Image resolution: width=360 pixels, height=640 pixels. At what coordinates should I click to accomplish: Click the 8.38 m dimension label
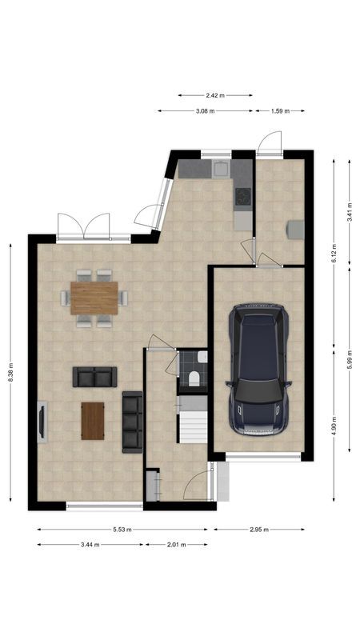(x=10, y=373)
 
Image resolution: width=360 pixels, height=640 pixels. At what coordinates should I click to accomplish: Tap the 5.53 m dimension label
(x=122, y=530)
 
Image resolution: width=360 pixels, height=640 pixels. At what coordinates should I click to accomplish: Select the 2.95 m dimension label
(x=259, y=530)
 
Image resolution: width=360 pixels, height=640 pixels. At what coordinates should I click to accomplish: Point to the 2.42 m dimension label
(x=215, y=95)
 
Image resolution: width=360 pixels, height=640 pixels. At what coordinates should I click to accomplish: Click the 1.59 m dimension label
(x=281, y=110)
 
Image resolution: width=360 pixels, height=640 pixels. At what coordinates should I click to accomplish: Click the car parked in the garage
(x=258, y=370)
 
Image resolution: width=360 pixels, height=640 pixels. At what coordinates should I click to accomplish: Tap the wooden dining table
(x=94, y=298)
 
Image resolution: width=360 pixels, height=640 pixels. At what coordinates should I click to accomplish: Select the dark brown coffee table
(x=93, y=421)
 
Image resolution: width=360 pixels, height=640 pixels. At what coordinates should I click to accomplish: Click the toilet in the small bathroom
(x=194, y=378)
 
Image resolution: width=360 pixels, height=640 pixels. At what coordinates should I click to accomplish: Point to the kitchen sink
(x=221, y=169)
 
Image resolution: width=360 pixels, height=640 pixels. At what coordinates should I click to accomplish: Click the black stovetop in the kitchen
(x=243, y=196)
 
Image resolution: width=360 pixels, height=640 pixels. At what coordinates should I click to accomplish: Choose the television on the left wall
(x=42, y=422)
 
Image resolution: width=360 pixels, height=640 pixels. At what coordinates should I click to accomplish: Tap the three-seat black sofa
(x=133, y=422)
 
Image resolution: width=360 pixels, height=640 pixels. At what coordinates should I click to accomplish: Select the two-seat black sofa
(x=94, y=377)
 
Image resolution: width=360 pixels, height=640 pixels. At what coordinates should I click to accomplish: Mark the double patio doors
(x=84, y=227)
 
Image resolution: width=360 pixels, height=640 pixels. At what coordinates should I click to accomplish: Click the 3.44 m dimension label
(x=90, y=545)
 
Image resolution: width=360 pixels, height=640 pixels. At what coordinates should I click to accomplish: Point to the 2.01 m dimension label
(x=176, y=545)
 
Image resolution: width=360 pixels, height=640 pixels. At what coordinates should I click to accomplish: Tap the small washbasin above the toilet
(x=203, y=358)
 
